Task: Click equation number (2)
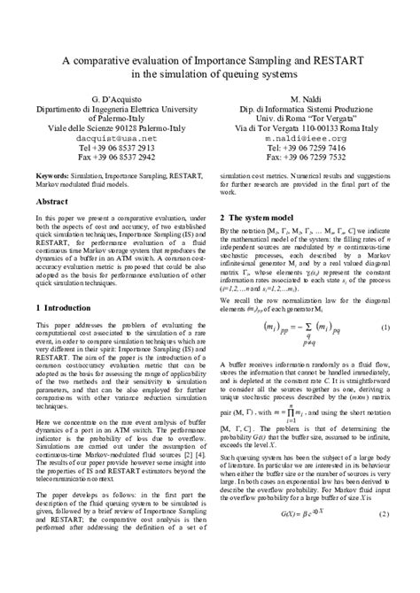coord(386,564)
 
